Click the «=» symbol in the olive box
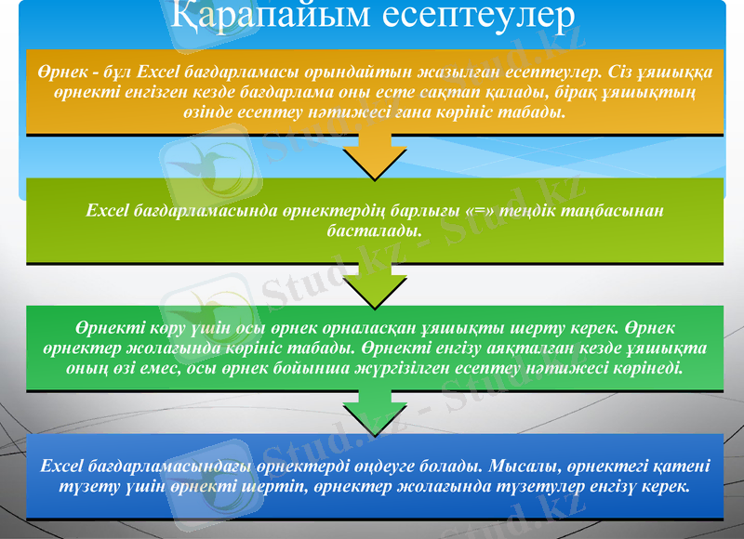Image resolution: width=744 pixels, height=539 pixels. coord(473,211)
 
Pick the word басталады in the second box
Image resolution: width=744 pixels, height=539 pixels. coord(372,230)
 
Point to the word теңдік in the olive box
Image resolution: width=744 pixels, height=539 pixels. coord(522,211)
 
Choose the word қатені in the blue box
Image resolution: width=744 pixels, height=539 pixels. coord(681,465)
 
